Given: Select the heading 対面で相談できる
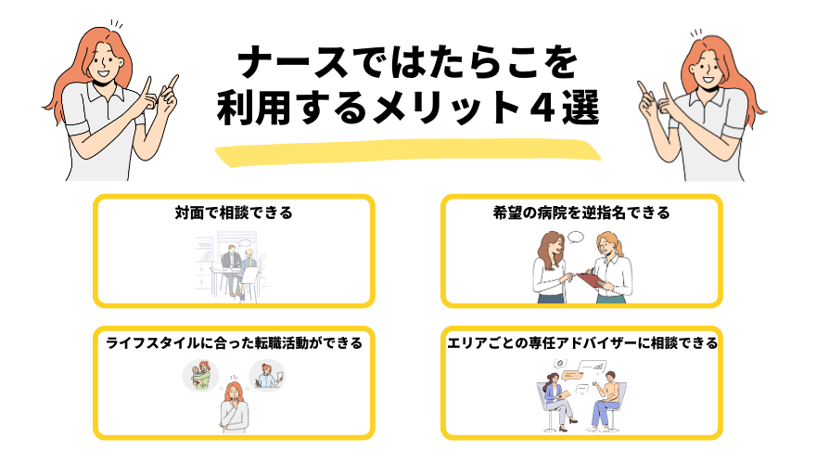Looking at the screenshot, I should pos(234,213).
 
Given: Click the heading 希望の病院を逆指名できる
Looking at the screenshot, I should pos(581,213).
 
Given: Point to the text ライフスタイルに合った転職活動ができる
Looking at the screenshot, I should pos(233,342).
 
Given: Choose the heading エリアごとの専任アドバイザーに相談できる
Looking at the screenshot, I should pos(581,342).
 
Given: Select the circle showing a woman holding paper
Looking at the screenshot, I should pos(267,373).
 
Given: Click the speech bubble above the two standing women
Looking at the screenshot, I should pos(575,238).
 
